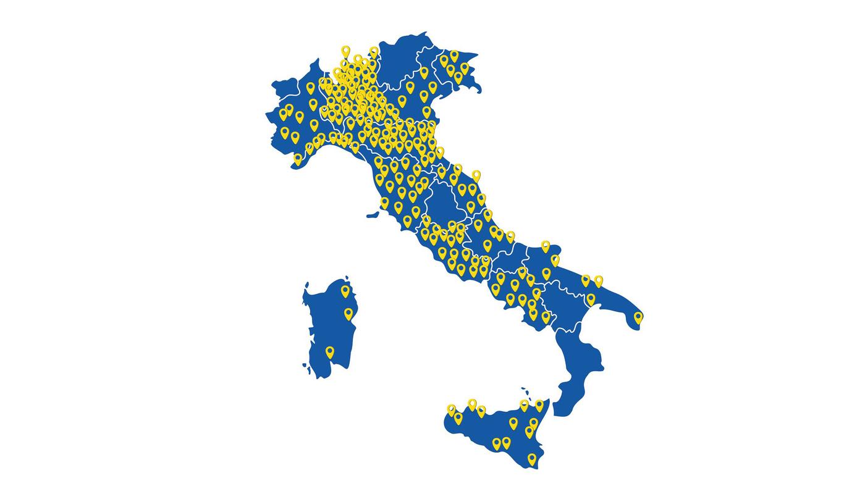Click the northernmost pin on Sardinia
[345, 290]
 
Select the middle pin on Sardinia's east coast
[348, 313]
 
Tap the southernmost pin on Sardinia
[330, 351]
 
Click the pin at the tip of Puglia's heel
[638, 317]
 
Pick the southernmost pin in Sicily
[532, 458]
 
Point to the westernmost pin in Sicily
[452, 409]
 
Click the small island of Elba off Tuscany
[372, 215]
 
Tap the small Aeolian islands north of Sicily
[525, 392]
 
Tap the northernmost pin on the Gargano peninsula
[546, 245]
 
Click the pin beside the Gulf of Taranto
[591, 299]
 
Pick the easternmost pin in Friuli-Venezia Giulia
[465, 67]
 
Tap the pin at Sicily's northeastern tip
[539, 404]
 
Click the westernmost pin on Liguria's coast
[298, 158]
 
